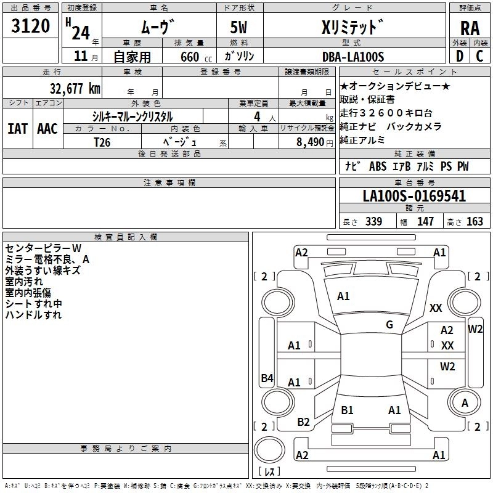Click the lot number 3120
click(30, 26)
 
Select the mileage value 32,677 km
click(75, 89)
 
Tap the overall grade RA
click(470, 28)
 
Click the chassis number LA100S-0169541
click(414, 196)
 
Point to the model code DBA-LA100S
click(353, 57)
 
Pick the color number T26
click(102, 142)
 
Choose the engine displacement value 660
click(190, 57)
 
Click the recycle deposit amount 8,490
click(311, 142)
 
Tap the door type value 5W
click(238, 27)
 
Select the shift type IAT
click(17, 129)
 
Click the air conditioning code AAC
click(47, 129)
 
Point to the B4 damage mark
click(267, 378)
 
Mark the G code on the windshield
click(389, 325)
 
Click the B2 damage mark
click(303, 422)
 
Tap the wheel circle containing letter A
click(465, 402)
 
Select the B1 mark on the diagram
click(347, 410)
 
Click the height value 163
click(475, 222)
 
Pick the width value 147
click(426, 222)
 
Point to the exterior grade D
click(460, 56)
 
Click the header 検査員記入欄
click(126, 237)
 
